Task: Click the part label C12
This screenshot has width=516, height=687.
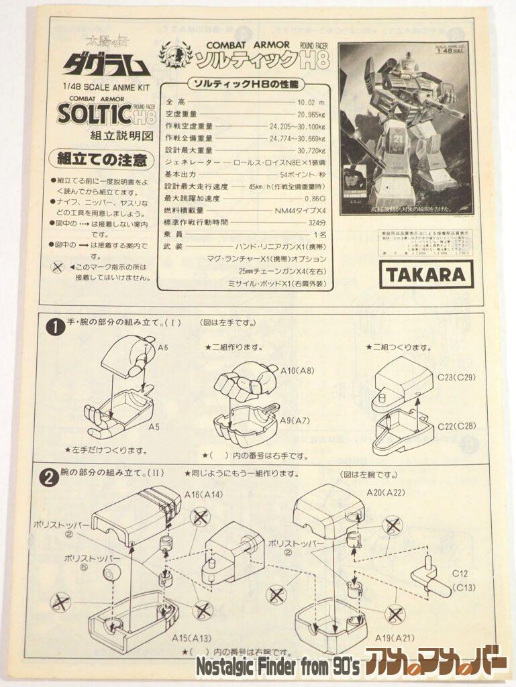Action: [460, 574]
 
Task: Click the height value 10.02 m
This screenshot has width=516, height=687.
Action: [311, 103]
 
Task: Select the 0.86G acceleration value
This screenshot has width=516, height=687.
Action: [315, 199]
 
